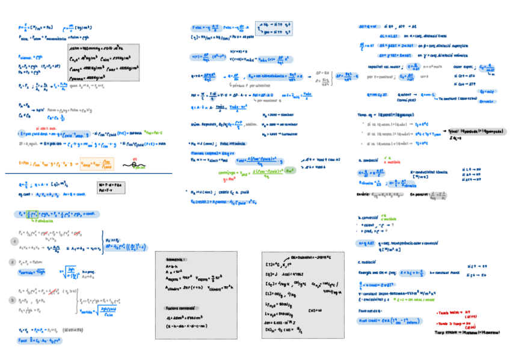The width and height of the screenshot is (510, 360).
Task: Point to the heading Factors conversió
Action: coord(179,308)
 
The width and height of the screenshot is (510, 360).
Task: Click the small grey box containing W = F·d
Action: coord(111,188)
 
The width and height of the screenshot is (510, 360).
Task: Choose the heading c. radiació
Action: coord(369,262)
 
